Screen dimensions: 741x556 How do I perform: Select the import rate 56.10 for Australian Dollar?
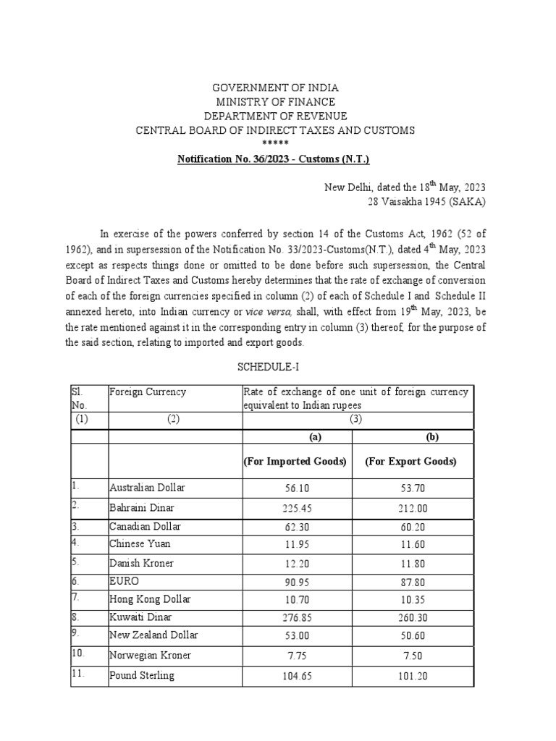pos(297,488)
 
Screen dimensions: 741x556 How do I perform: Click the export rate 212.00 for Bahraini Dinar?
pos(413,508)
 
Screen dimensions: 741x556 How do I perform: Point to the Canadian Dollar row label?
pos(145,526)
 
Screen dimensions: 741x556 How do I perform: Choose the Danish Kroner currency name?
pos(141,563)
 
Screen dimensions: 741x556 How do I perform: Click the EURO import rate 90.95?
pos(297,582)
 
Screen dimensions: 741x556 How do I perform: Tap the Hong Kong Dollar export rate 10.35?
pos(413,600)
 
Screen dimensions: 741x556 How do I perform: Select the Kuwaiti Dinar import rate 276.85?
pos(297,619)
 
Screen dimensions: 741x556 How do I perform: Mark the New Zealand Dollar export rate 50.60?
pos(413,638)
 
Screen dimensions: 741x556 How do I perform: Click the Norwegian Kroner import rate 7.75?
pos(297,656)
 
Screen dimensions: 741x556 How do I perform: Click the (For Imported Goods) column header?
pos(297,462)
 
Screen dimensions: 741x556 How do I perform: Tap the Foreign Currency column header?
pos(148,392)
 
